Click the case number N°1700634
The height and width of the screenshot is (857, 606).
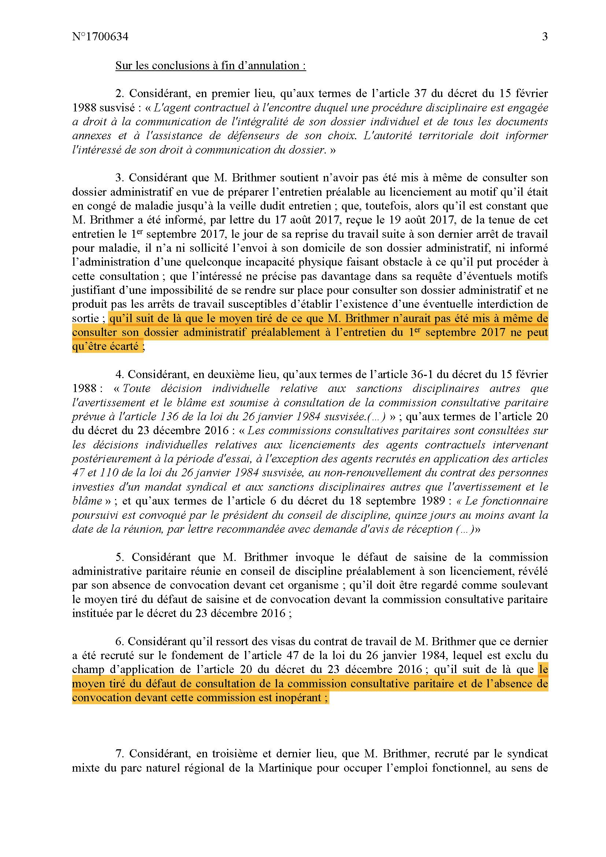[x=100, y=37]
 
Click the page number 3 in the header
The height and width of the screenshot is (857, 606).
[x=544, y=37]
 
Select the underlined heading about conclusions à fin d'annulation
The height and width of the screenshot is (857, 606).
[x=210, y=66]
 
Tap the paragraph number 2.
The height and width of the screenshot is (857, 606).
[x=119, y=93]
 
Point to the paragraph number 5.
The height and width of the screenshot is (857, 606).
[x=119, y=557]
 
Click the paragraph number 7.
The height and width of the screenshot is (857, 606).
[x=119, y=754]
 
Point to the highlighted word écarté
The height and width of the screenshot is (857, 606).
[x=124, y=346]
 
